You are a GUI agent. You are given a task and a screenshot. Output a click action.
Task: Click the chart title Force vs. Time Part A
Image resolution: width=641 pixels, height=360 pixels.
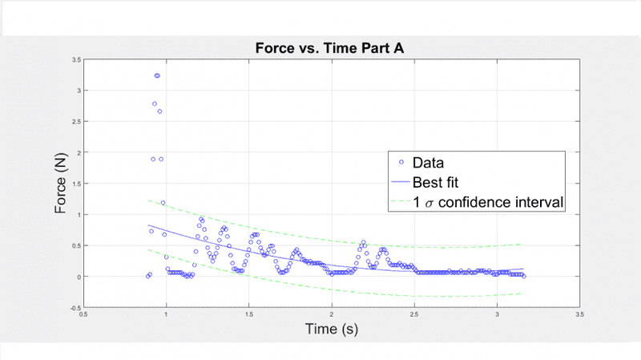pyautogui.click(x=329, y=47)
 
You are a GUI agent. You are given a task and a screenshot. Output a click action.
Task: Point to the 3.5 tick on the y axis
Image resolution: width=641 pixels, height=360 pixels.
pyautogui.click(x=75, y=60)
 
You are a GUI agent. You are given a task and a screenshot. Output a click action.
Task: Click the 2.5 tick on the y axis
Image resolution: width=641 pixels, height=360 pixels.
pyautogui.click(x=75, y=122)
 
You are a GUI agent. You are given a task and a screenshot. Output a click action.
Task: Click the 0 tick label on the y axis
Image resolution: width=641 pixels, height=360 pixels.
pyautogui.click(x=78, y=277)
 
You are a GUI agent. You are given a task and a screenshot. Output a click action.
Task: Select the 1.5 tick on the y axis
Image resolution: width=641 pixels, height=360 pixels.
pyautogui.click(x=75, y=184)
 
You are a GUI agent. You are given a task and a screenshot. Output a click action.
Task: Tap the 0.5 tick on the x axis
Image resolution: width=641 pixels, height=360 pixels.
pyautogui.click(x=83, y=315)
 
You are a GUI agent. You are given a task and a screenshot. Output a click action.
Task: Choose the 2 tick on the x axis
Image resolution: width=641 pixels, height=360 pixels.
pyautogui.click(x=332, y=315)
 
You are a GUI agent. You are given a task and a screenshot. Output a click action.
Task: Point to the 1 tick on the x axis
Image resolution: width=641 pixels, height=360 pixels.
pyautogui.click(x=166, y=315)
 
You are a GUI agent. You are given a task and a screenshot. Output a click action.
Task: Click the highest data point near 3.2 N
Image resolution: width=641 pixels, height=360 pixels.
pyautogui.click(x=157, y=75)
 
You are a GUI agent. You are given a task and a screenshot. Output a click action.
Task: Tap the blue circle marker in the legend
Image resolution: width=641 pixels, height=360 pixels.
pyautogui.click(x=401, y=163)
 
